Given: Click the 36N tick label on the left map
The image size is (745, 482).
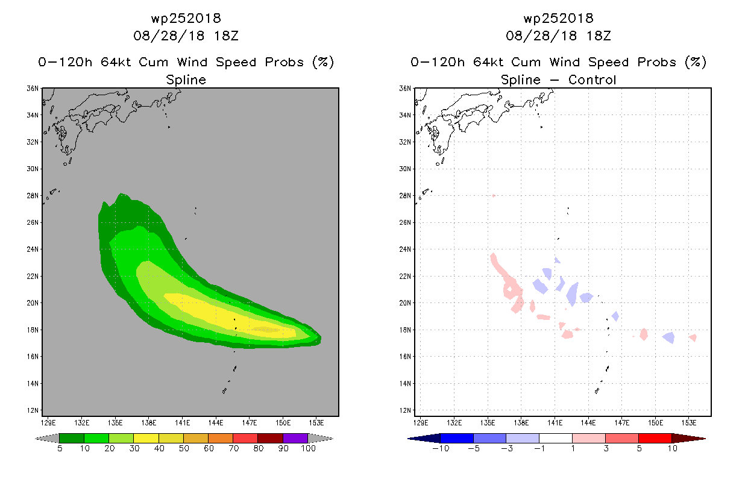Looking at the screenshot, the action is point(33,89).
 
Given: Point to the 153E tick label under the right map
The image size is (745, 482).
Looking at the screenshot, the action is point(689,423).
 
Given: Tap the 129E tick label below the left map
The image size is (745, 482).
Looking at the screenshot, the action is point(48,423).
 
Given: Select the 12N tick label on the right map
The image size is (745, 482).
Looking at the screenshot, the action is point(405,410).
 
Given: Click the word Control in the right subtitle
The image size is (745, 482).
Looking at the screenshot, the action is point(592,80).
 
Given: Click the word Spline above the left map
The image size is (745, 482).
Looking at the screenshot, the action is point(186,80).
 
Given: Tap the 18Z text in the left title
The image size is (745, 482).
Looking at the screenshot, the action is point(226,36).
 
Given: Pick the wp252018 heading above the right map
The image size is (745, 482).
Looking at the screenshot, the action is point(558,18).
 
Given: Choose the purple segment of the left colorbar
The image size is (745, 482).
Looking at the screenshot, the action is point(295,438).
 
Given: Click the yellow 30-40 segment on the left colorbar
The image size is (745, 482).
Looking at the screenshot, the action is point(146,438).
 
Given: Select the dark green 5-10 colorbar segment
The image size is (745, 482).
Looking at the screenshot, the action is point(72,438).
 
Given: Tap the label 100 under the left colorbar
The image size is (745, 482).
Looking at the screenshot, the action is point(308,448).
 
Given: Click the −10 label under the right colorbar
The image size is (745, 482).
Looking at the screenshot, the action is point(441,448).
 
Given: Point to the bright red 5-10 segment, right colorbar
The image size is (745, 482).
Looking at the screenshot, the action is point(655,438).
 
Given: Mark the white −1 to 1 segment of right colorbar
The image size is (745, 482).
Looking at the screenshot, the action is point(556,438).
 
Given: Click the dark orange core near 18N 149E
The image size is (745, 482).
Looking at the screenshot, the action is point(266,330).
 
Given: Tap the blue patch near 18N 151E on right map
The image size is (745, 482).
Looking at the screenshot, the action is point(669,337).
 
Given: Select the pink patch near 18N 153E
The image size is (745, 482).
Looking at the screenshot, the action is point(693,338).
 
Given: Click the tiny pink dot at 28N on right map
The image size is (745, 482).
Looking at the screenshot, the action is point(494,196).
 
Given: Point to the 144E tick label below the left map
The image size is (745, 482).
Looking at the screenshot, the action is point(216,423).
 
